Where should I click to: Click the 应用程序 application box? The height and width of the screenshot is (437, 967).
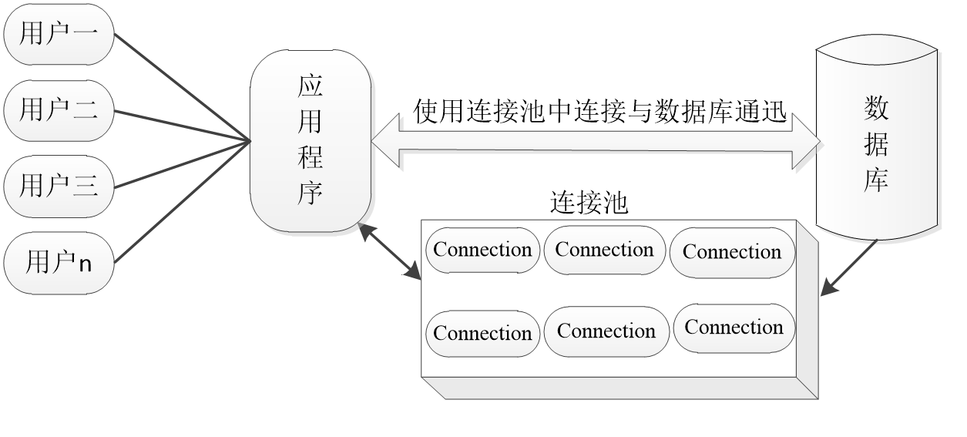tap(311, 141)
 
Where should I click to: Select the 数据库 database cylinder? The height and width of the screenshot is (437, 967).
tap(877, 143)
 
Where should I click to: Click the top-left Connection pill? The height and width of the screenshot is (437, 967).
tap(483, 250)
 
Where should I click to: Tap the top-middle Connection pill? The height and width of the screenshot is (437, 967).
tap(605, 250)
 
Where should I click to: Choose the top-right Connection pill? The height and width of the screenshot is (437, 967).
tap(732, 252)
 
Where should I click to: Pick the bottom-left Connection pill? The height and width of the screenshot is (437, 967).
tap(483, 333)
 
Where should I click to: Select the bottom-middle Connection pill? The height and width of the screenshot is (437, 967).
tap(606, 331)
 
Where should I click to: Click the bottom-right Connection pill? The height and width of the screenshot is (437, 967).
tap(734, 328)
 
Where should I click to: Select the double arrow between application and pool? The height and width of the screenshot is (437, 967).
tap(389, 251)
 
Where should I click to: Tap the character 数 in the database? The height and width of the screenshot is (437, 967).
tap(877, 108)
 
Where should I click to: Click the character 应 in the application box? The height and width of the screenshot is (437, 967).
tap(311, 86)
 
